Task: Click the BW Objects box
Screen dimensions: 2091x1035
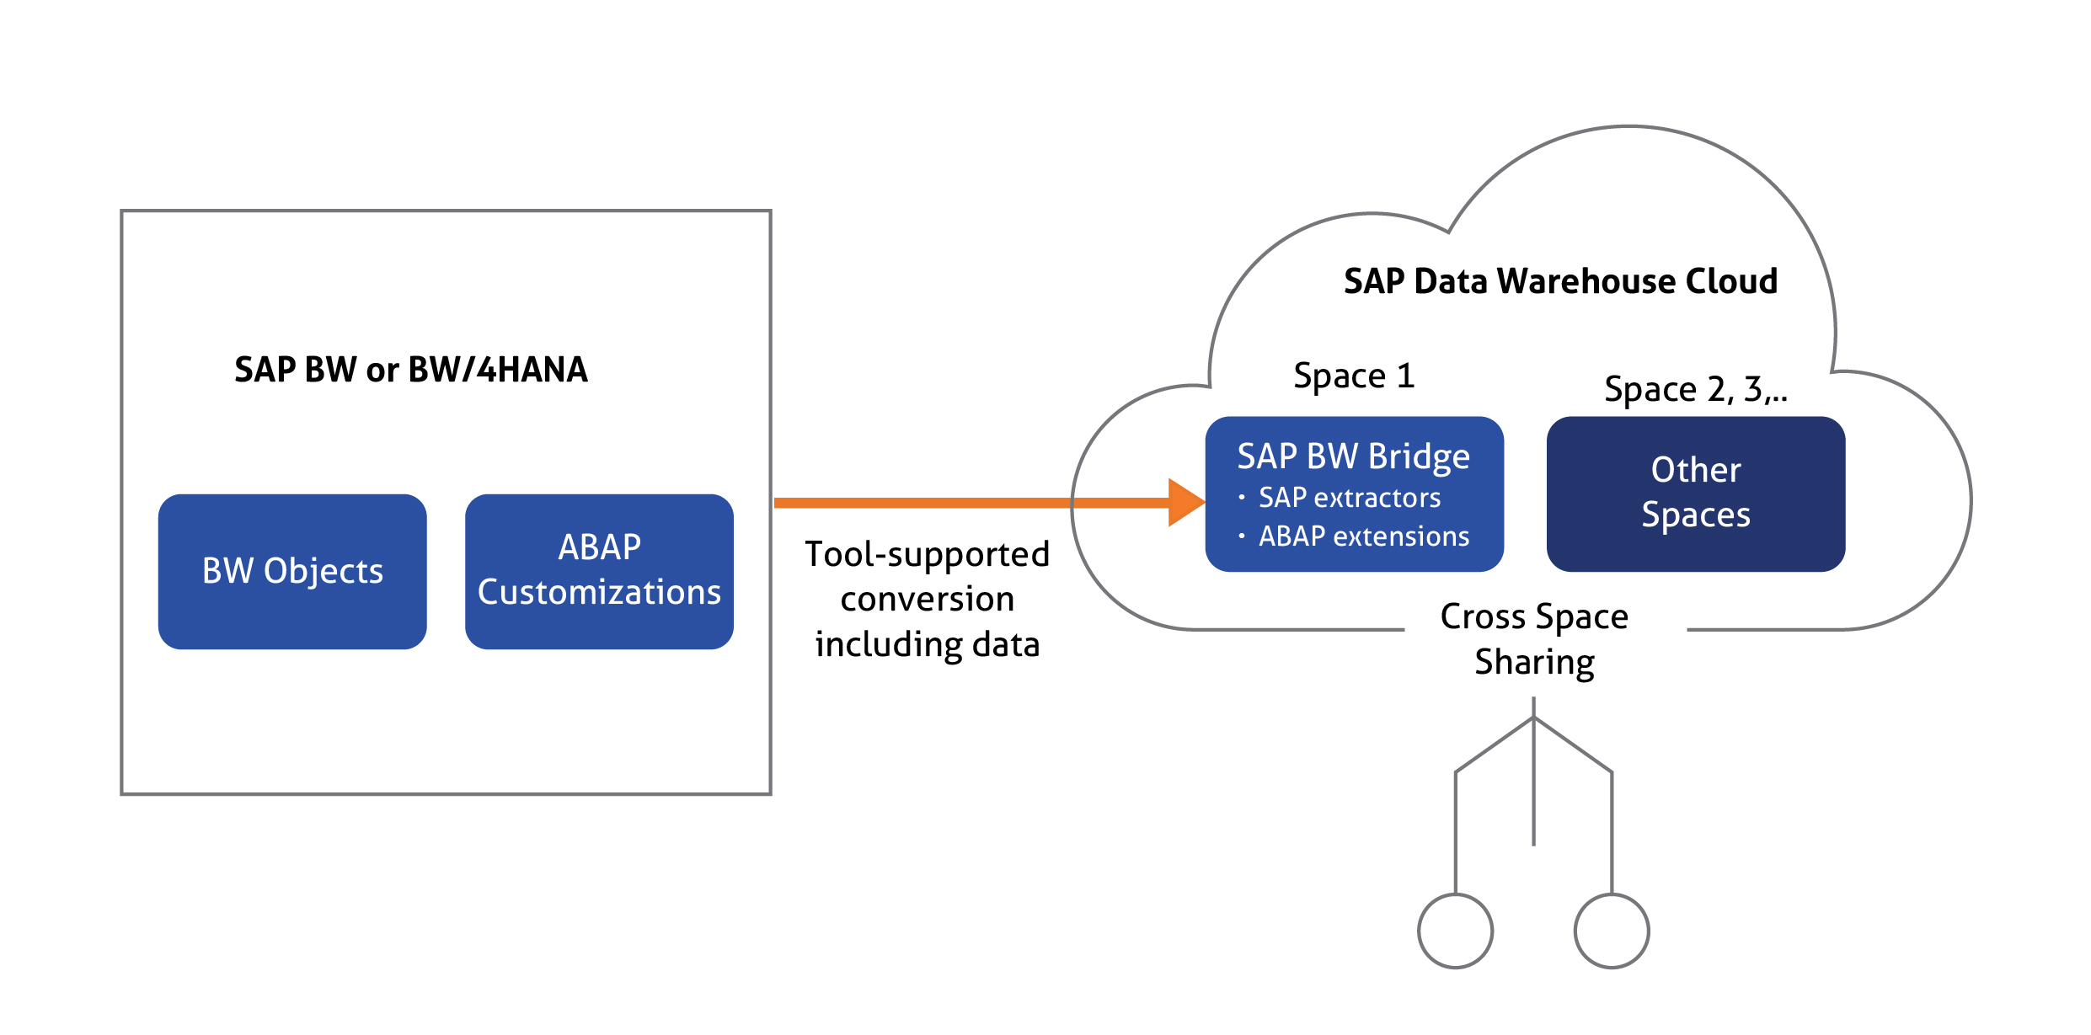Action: point(292,571)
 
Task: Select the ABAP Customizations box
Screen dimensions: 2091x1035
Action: point(599,571)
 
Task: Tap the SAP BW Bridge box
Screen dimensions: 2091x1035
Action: point(1354,493)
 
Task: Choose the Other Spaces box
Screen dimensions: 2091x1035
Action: point(1696,493)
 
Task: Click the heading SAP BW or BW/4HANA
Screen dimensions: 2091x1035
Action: point(411,370)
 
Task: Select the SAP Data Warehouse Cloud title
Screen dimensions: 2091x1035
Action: point(1560,281)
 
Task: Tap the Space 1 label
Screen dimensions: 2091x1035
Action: point(1354,376)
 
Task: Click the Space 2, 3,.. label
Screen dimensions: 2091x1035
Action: point(1696,389)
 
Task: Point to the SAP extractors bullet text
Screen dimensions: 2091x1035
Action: point(1350,498)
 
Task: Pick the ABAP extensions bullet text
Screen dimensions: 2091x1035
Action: point(1364,536)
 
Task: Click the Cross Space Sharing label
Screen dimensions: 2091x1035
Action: point(1534,639)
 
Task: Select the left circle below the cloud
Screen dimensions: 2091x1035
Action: point(1456,931)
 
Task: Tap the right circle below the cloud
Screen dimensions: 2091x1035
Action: point(1612,931)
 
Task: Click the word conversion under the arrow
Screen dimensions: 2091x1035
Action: point(928,599)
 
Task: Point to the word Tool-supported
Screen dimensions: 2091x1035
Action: point(928,555)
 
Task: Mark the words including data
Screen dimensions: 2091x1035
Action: point(928,644)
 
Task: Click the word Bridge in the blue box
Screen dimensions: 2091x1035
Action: point(1419,457)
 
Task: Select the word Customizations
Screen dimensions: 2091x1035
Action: point(599,592)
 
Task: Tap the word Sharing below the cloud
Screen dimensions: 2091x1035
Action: point(1534,663)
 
